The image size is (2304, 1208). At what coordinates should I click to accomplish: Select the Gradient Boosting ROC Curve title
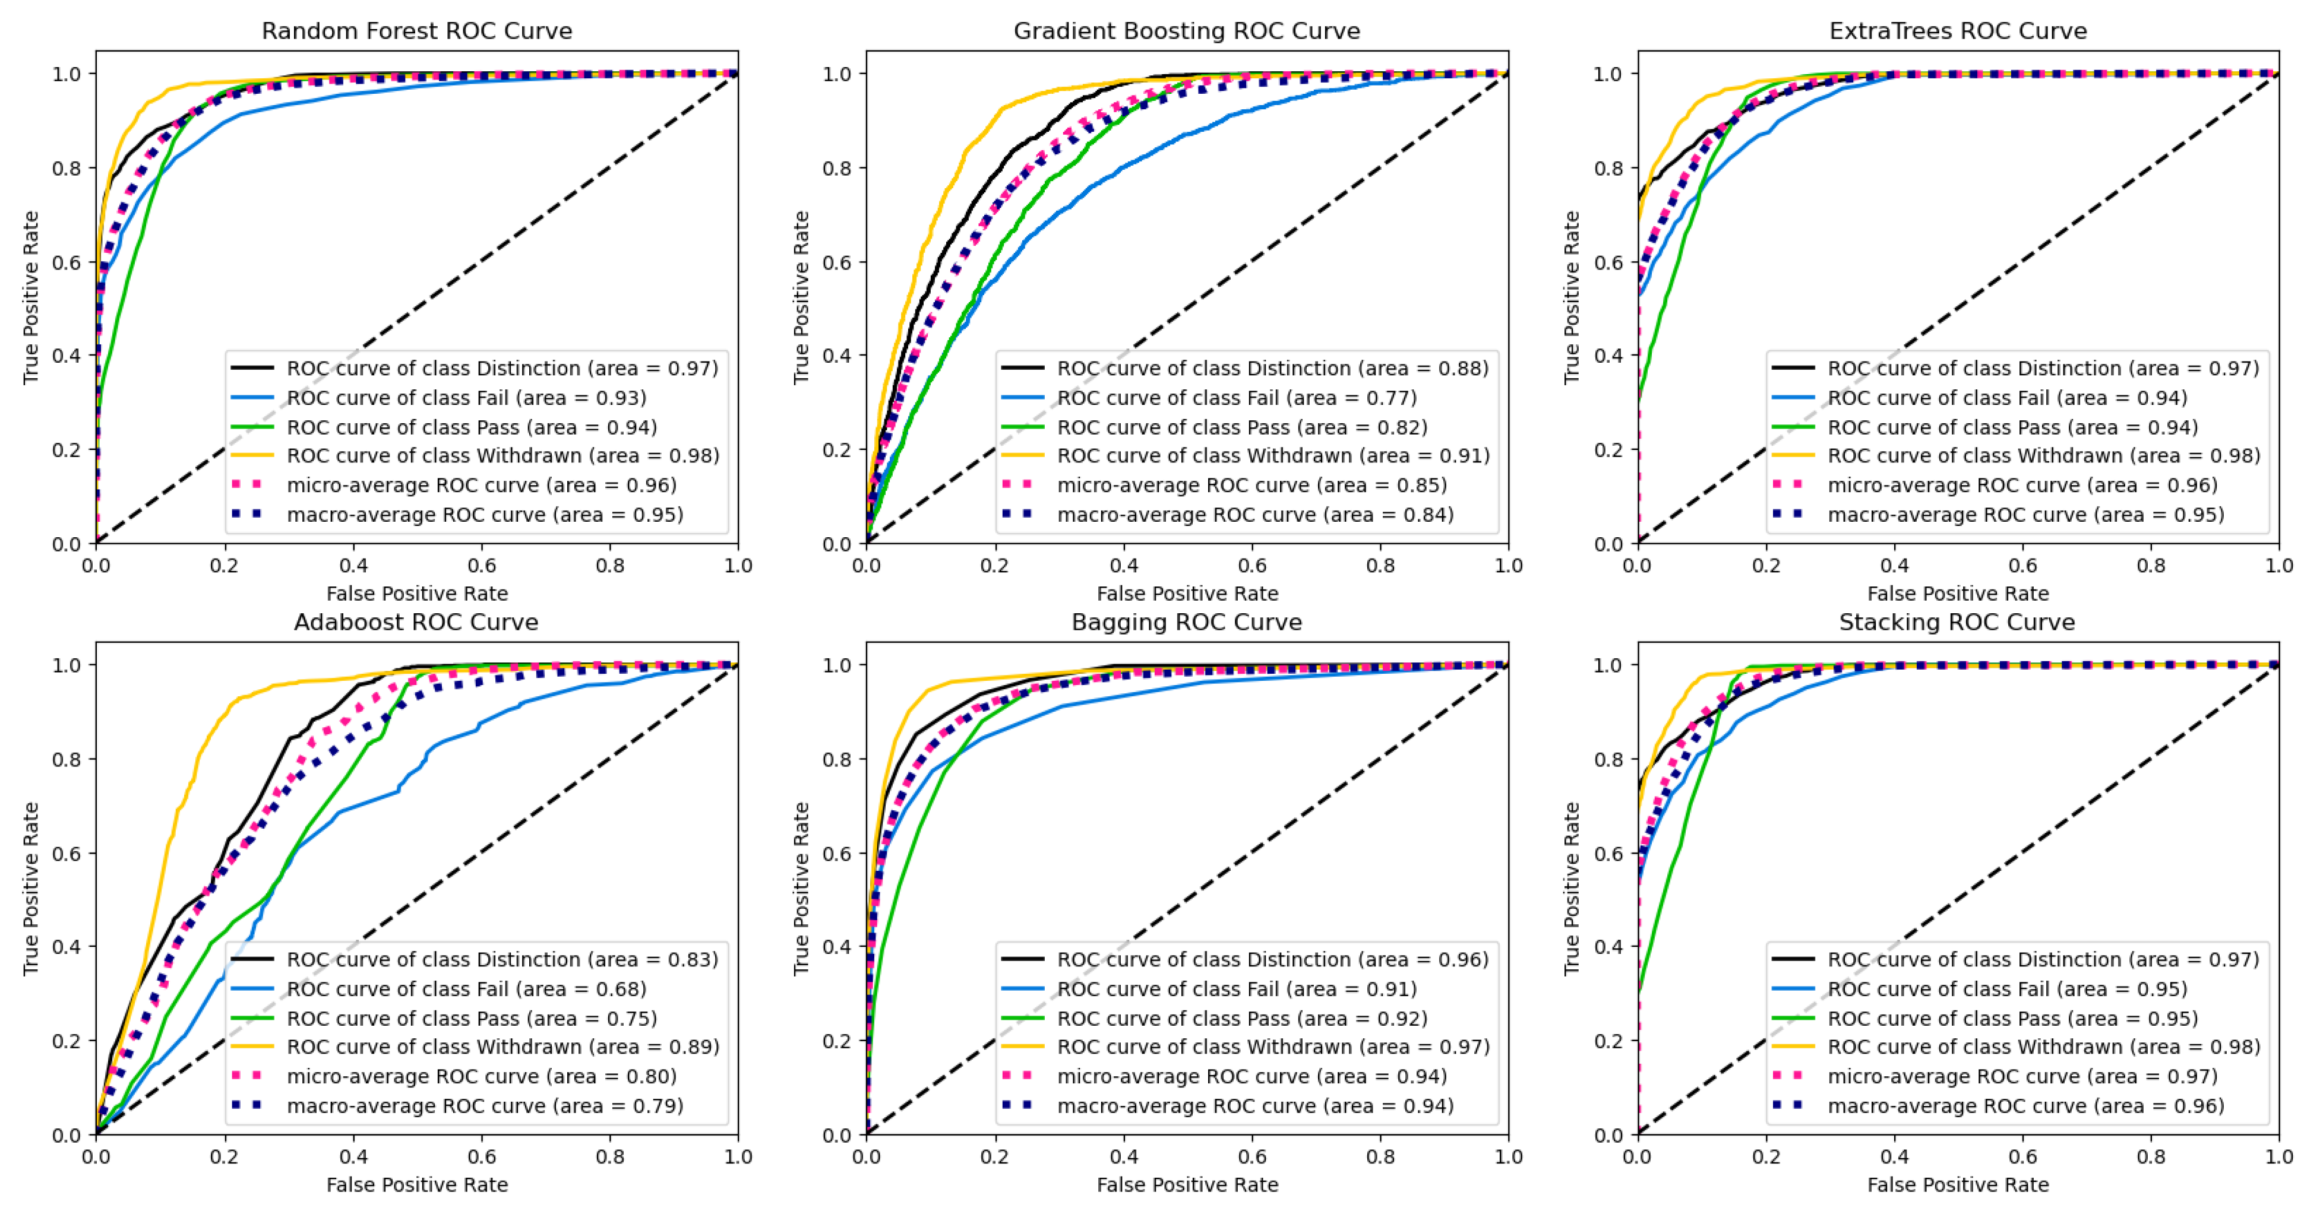(1186, 31)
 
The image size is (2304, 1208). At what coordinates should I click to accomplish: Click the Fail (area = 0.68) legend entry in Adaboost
(465, 989)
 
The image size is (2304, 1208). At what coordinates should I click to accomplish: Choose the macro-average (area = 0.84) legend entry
(1254, 515)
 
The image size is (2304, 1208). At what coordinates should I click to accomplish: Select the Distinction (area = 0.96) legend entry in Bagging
(1272, 959)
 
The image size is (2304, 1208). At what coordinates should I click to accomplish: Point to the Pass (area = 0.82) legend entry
(1241, 427)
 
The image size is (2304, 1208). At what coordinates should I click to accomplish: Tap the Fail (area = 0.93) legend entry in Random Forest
(465, 398)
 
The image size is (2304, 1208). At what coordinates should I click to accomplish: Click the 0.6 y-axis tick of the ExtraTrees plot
(1608, 263)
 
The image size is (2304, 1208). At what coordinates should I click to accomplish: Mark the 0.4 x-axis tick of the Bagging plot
(1123, 1157)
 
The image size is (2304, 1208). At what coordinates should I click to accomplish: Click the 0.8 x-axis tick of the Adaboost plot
(610, 1157)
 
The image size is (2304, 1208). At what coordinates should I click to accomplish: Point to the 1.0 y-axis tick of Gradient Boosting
(837, 74)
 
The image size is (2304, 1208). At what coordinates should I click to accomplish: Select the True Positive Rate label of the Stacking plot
(1572, 888)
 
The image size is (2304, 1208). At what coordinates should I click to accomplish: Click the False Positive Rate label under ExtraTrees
(1957, 594)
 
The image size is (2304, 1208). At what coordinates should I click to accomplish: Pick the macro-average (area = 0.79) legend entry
(484, 1106)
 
